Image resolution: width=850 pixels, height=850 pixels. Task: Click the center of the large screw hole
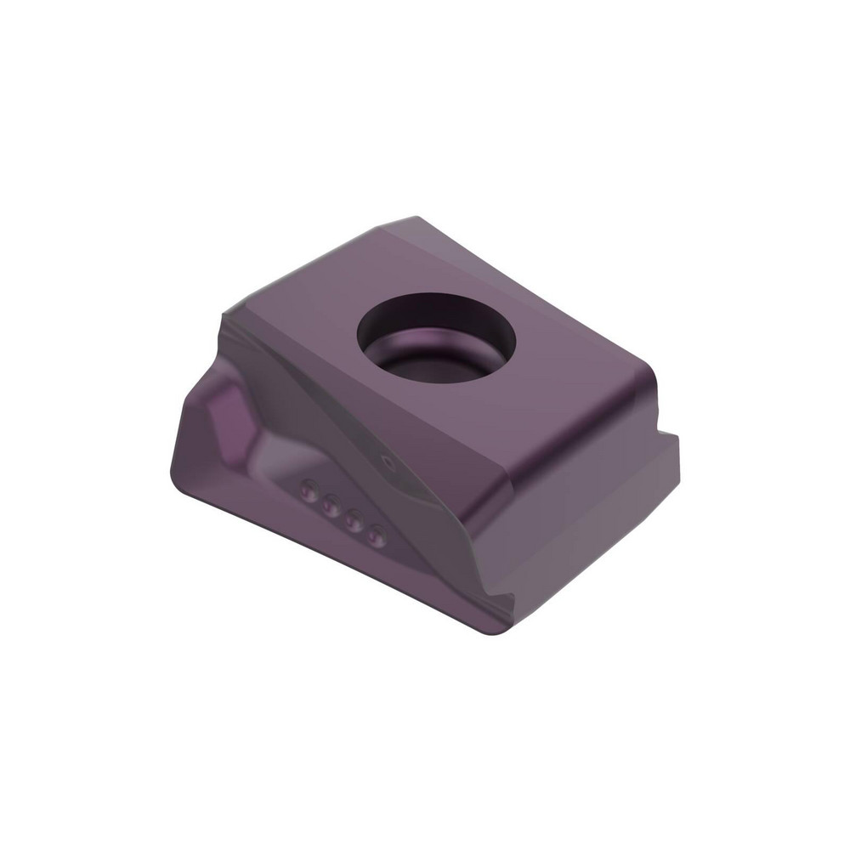click(437, 337)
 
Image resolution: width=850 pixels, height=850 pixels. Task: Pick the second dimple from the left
click(331, 504)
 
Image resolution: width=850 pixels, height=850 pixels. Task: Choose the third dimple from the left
click(354, 520)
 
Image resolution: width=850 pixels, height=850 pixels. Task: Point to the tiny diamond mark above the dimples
click(389, 462)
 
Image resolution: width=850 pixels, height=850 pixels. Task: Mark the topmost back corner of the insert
click(414, 219)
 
